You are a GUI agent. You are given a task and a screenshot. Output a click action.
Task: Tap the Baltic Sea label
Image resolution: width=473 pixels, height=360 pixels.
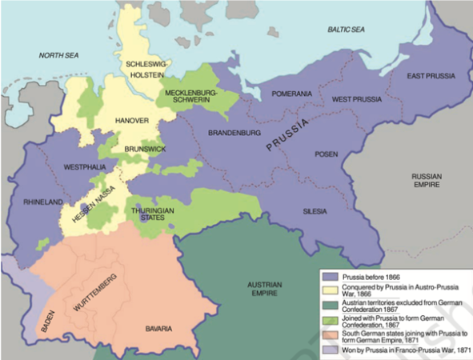pyautogui.click(x=345, y=29)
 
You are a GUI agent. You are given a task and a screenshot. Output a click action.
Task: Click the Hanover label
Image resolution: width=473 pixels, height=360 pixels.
pyautogui.click(x=132, y=120)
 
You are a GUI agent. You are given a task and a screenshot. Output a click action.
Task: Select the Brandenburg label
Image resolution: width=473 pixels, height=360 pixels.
pyautogui.click(x=235, y=132)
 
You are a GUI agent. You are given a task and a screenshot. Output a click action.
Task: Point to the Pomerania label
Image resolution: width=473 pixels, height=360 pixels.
pyautogui.click(x=292, y=94)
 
